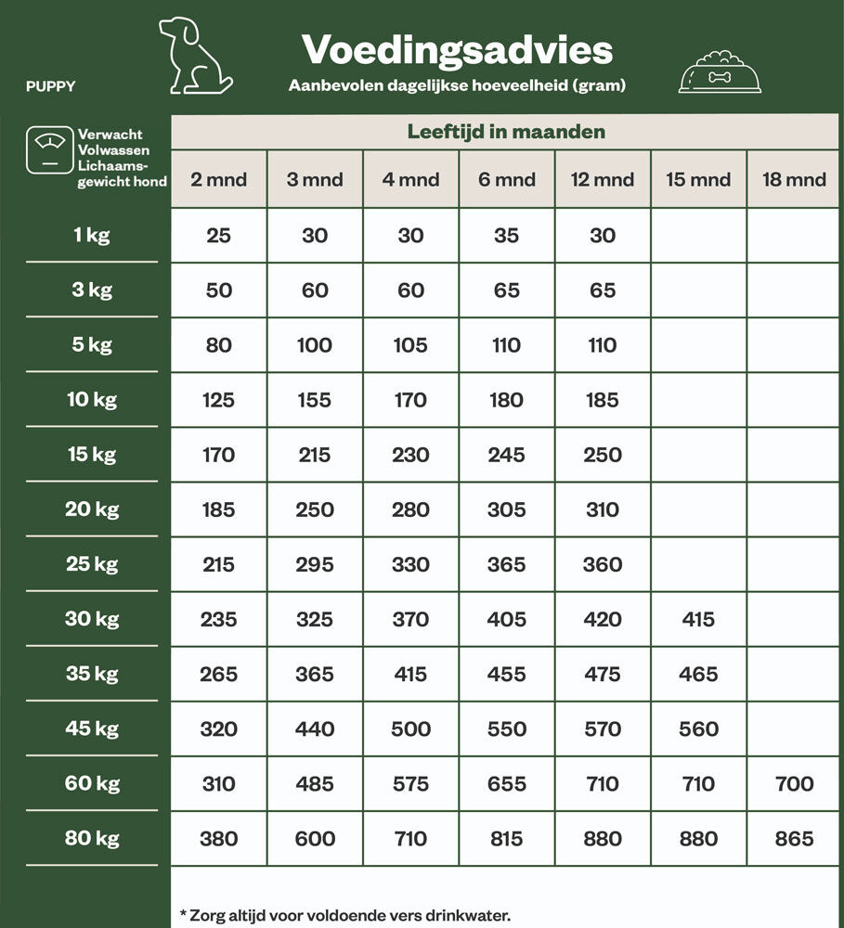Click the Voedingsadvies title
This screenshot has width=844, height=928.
pyautogui.click(x=457, y=49)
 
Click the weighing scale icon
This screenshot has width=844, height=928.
pyautogui.click(x=49, y=149)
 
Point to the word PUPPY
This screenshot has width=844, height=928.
pyautogui.click(x=51, y=87)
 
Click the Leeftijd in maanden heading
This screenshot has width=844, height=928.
pyautogui.click(x=506, y=132)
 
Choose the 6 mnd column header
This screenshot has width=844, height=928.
pyautogui.click(x=506, y=179)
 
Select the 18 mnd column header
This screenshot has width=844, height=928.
pyautogui.click(x=794, y=179)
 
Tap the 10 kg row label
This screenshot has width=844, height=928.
pyautogui.click(x=92, y=400)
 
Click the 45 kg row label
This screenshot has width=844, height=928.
pyautogui.click(x=92, y=728)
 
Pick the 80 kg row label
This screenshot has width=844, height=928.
pyautogui.click(x=92, y=838)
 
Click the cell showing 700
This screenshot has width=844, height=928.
pyautogui.click(x=794, y=784)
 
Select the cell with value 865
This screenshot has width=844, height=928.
pyautogui.click(x=794, y=839)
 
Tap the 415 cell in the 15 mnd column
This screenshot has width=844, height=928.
pyautogui.click(x=698, y=619)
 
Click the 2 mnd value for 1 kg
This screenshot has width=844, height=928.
pyautogui.click(x=218, y=236)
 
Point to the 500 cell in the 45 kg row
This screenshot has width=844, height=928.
pyautogui.click(x=410, y=729)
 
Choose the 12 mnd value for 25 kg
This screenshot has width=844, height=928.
pyautogui.click(x=602, y=564)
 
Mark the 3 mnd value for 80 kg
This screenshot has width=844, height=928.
pyautogui.click(x=315, y=839)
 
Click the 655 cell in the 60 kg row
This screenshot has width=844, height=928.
pyautogui.click(x=506, y=784)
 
